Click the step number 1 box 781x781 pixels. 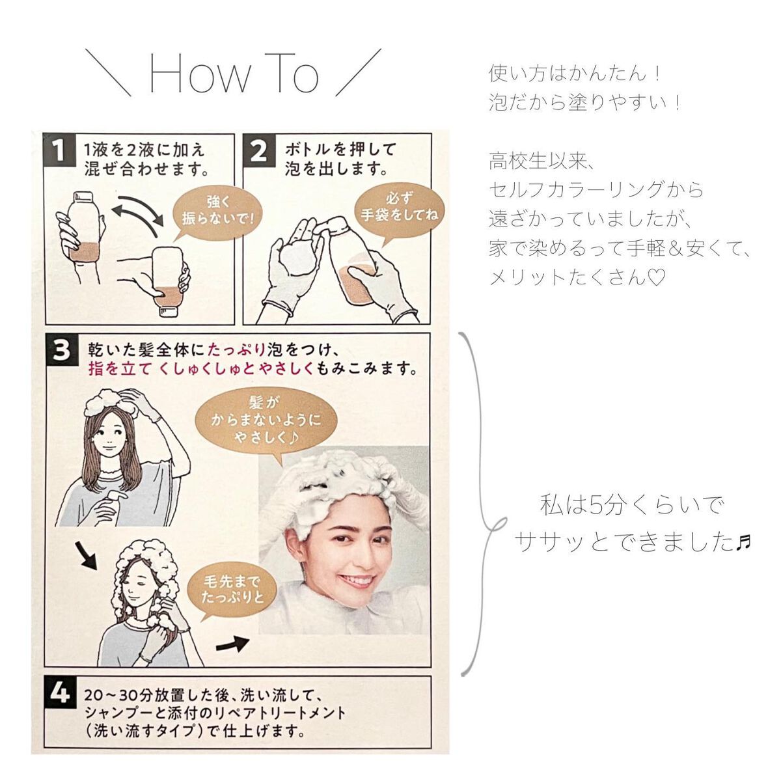(x=60, y=150)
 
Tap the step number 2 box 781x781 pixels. (x=258, y=150)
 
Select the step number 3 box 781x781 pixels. (x=61, y=349)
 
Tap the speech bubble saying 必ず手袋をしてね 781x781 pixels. (x=399, y=211)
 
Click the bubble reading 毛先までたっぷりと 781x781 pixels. (x=232, y=590)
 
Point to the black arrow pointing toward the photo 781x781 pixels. (x=232, y=642)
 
